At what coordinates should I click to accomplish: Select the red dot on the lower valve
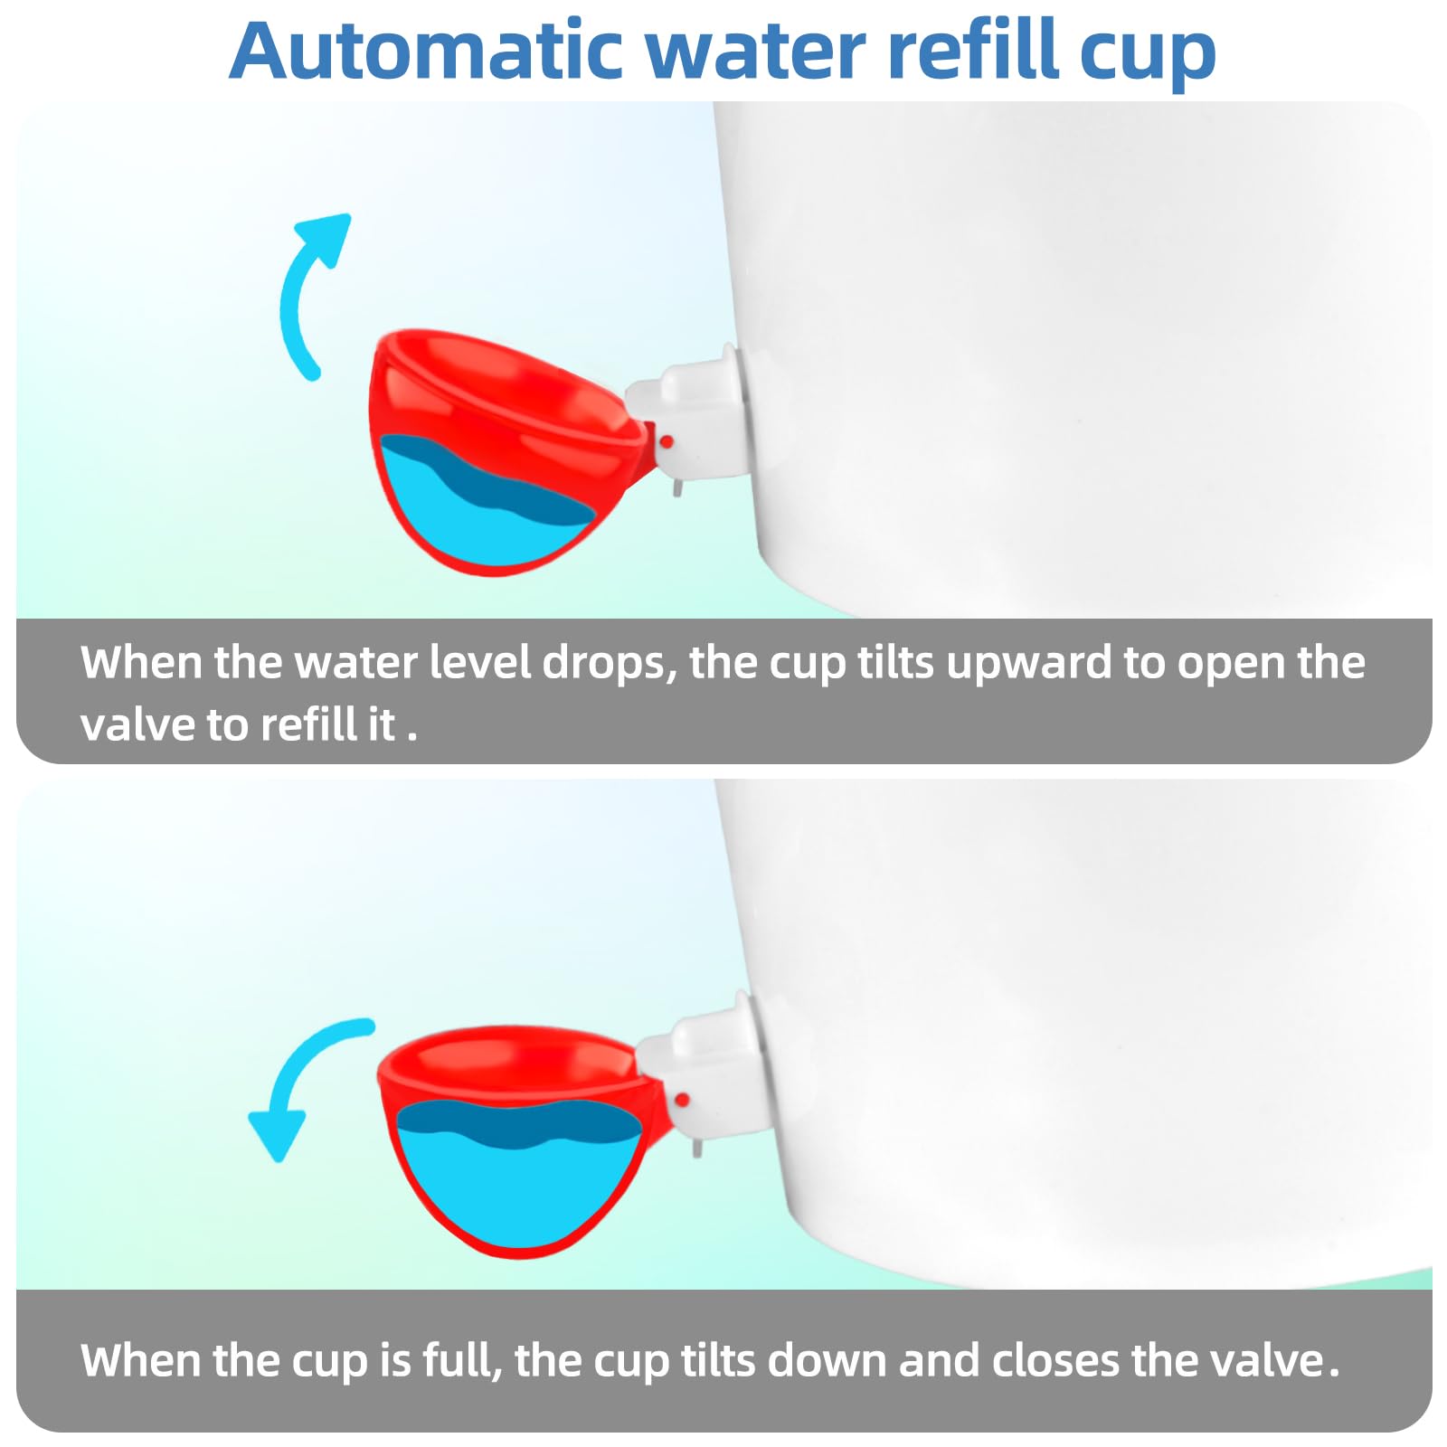point(682,1100)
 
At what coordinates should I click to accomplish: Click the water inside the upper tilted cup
point(479,506)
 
